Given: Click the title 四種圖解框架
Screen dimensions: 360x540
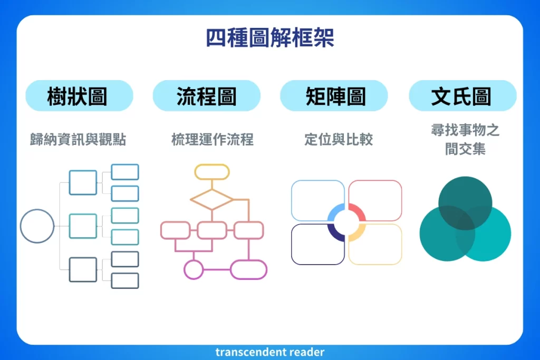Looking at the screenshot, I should (269, 38).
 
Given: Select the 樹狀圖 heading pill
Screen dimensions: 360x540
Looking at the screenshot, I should (79, 96).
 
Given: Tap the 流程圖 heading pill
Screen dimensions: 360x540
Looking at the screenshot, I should (206, 96).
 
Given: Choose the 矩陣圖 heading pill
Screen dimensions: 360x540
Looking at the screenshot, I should (334, 96).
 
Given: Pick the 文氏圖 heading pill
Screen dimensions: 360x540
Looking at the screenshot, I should (462, 96).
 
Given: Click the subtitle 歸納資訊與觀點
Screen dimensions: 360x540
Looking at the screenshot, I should (78, 140).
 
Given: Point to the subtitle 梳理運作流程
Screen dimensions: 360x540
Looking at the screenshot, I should (213, 140).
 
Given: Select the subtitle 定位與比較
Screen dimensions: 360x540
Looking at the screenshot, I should (339, 140).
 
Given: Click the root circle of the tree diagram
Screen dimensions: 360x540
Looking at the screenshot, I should (37, 226).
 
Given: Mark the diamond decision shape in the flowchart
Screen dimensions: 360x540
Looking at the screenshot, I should (211, 199).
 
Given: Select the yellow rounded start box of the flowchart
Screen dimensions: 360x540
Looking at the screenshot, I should (211, 172).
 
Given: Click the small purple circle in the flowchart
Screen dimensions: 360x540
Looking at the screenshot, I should (194, 269).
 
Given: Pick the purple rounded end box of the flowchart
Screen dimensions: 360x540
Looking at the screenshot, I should (249, 269).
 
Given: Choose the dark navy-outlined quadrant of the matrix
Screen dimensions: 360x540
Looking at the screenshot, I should (314, 247).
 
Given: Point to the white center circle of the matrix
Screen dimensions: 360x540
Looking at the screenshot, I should (346, 222).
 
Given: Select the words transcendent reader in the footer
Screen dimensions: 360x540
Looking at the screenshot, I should (269, 352).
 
